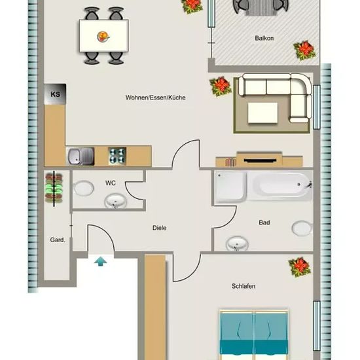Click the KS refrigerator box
[x=55, y=94]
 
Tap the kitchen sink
[x=81, y=156]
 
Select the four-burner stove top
[x=117, y=156]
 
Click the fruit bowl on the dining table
[x=103, y=37]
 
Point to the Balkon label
[x=264, y=38]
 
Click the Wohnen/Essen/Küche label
[x=155, y=98]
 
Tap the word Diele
[x=159, y=228]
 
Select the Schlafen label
[x=243, y=286]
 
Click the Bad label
[x=264, y=223]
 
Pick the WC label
[x=111, y=183]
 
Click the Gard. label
[x=58, y=240]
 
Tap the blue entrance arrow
[x=101, y=262]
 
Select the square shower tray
[x=230, y=187]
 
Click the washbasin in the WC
[x=116, y=202]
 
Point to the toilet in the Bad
[x=302, y=228]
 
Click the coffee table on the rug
[x=262, y=113]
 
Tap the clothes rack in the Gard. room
[x=54, y=189]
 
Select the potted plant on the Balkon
[x=304, y=50]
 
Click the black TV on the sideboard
[x=260, y=160]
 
